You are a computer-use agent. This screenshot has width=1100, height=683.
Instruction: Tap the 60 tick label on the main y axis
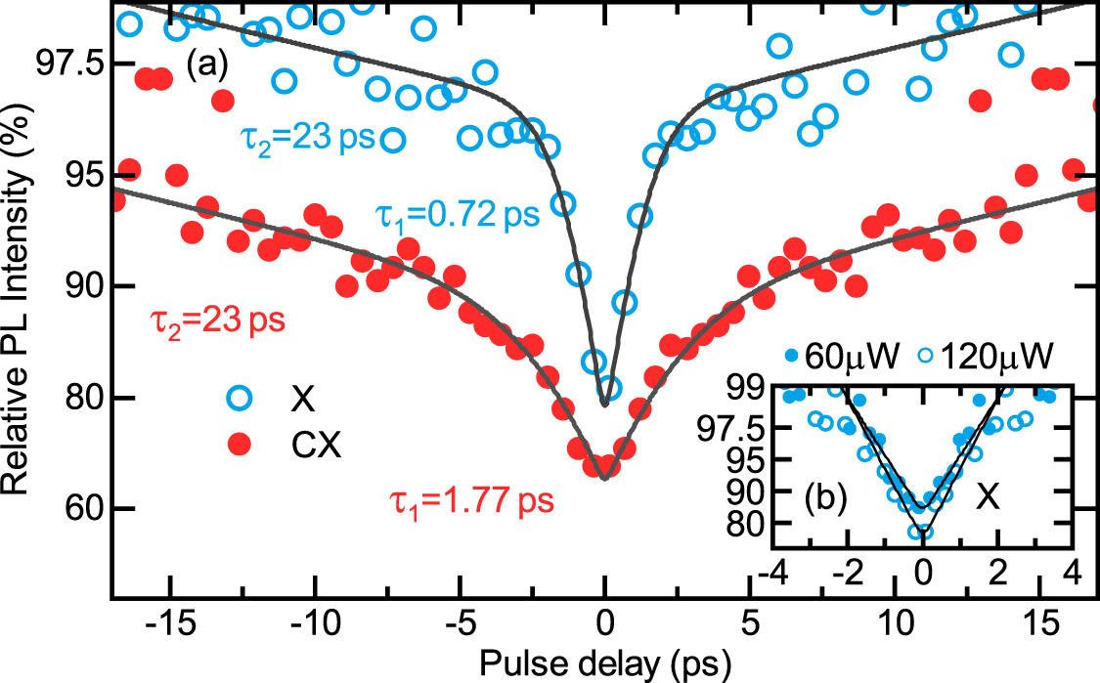pyautogui.click(x=82, y=510)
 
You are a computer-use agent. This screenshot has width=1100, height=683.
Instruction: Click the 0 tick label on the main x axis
pyautogui.click(x=605, y=623)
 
